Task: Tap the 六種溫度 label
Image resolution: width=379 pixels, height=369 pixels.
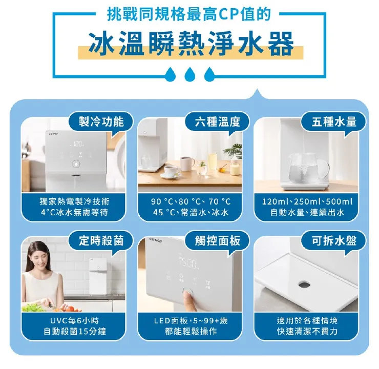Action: coord(218,121)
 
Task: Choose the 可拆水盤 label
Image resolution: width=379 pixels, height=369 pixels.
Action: coord(335,240)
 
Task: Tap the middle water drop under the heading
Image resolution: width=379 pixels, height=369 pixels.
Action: coord(189,73)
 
